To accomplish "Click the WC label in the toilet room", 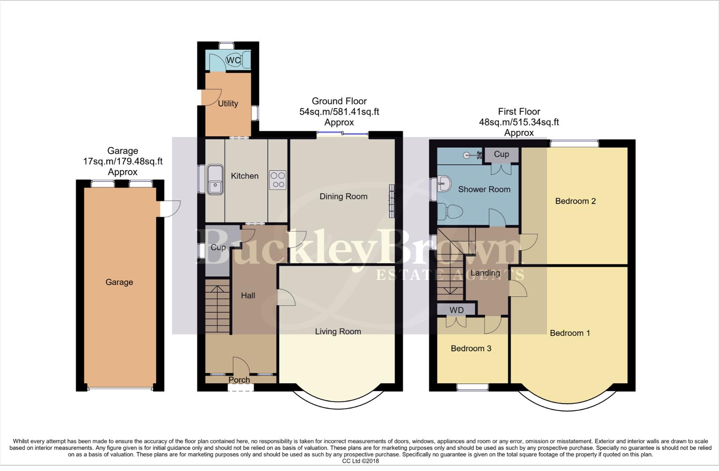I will (234, 61).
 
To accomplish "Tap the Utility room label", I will (228, 103).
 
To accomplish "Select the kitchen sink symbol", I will (215, 179).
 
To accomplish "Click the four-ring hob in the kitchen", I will (277, 180).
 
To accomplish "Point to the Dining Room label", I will (343, 197).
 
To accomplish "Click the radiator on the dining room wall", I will (391, 201).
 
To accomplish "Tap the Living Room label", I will (338, 331).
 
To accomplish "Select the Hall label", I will (248, 296).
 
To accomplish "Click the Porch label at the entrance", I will (239, 380).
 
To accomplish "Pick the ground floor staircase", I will (217, 307).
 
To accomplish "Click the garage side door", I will (170, 208).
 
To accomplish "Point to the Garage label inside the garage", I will (119, 282).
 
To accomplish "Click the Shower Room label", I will (484, 189).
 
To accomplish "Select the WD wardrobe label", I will (457, 310).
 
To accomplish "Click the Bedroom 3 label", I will (471, 348).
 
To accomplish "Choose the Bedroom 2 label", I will (575, 201).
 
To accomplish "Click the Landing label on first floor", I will (485, 273).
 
